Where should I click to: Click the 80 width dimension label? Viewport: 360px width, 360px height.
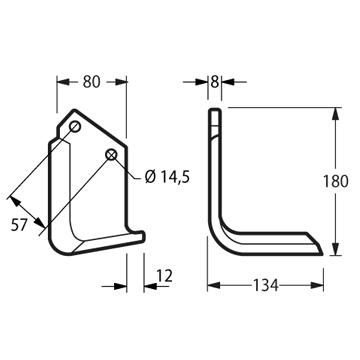click(91, 82)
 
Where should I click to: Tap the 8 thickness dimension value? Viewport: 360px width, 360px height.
click(215, 82)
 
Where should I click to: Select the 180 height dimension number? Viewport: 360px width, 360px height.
click(336, 181)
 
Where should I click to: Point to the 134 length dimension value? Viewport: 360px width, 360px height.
click(266, 285)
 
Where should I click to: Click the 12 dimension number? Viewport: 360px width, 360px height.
click(164, 276)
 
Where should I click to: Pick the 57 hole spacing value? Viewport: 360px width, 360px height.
click(19, 225)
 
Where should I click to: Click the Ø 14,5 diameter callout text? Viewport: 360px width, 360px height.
click(167, 177)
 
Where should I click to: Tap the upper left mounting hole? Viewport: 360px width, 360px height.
click(75, 127)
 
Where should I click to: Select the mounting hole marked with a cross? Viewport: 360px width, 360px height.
click(111, 154)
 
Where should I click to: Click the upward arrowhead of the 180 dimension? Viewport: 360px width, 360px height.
click(336, 114)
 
